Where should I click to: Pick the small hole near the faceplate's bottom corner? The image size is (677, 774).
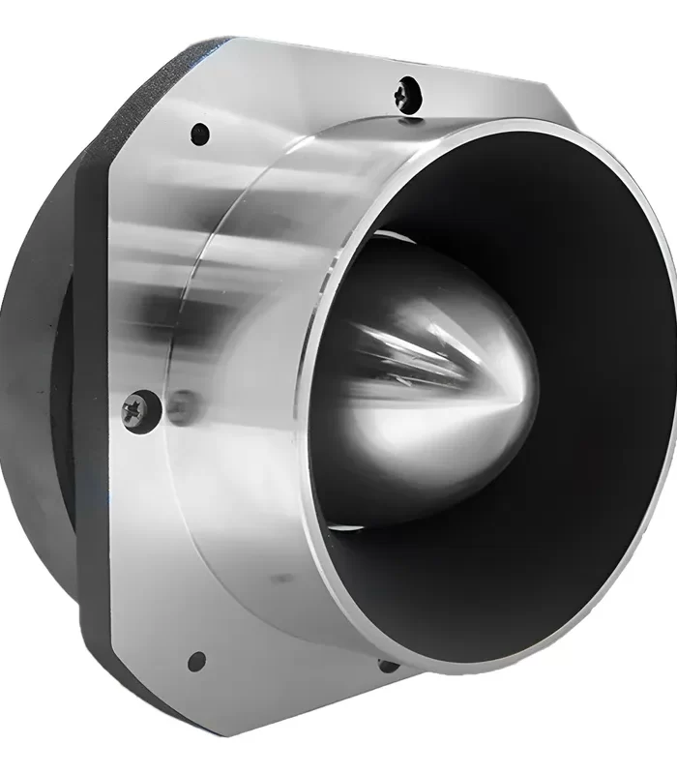point(197,662)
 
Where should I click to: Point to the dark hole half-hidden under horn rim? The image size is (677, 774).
point(387,665)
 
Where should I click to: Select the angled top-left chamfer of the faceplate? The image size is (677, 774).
point(164,106)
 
